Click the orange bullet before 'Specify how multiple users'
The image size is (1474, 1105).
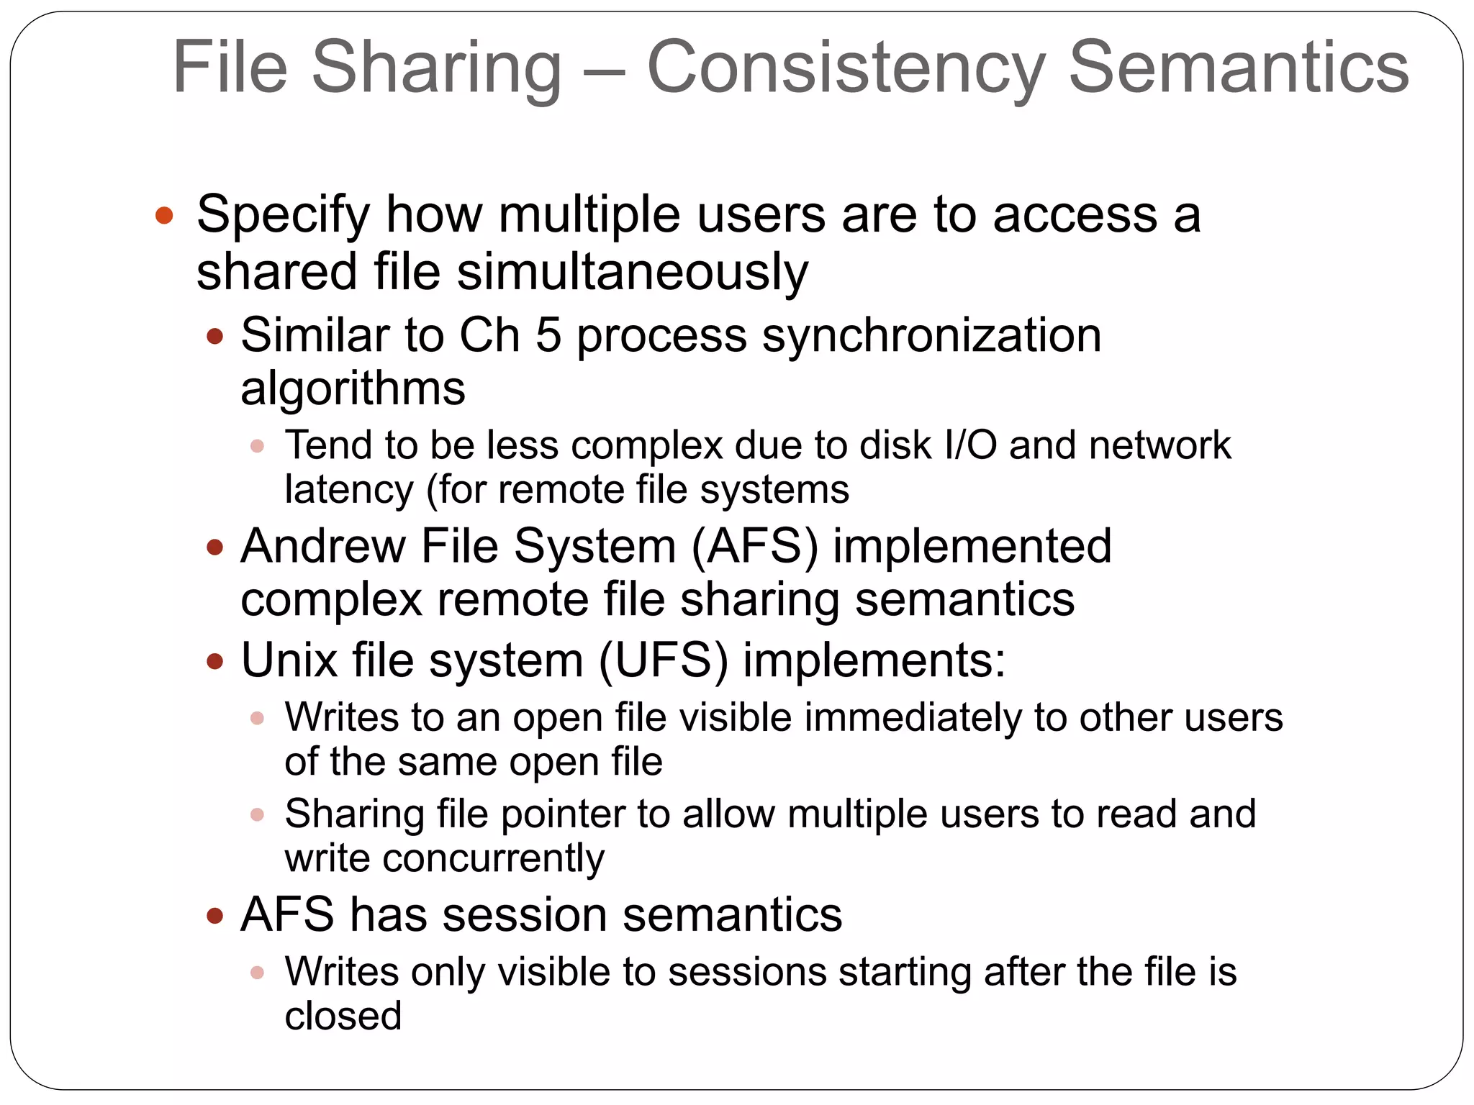164,215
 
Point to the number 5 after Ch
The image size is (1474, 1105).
548,335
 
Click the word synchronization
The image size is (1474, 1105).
931,335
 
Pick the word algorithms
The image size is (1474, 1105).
353,388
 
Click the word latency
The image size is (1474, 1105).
349,490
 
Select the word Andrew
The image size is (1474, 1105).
323,546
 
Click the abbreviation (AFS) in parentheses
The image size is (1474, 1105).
754,546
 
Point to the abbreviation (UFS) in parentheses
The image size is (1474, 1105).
663,660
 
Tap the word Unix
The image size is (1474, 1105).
289,660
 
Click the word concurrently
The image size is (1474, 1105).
493,858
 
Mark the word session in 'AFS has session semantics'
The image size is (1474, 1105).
524,915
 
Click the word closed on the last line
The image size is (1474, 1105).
343,1016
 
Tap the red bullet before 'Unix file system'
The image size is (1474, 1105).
214,661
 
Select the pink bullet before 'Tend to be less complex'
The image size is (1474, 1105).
258,446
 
